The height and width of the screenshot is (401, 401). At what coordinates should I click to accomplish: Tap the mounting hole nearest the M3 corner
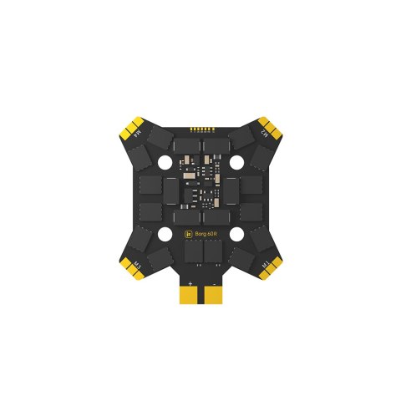point(165,234)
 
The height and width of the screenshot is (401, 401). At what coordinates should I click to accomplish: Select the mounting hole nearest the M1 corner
point(236,234)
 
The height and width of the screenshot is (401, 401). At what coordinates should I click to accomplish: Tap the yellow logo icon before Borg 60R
point(188,235)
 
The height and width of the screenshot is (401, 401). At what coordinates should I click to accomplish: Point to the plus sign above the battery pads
point(191,285)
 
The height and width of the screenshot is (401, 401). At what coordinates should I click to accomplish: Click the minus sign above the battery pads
point(211,285)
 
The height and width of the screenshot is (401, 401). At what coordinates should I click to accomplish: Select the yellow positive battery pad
point(190,297)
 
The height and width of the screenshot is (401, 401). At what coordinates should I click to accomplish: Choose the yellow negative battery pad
point(212,297)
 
